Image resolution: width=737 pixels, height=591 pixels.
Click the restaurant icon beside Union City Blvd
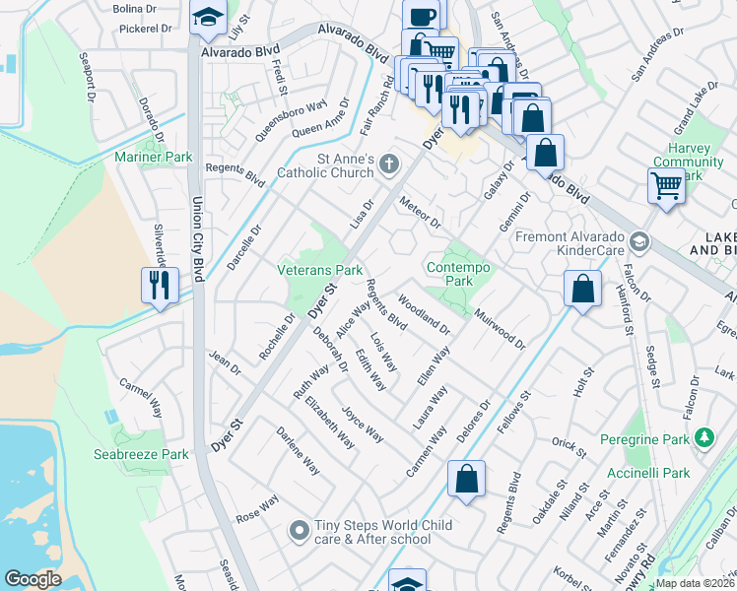click(160, 286)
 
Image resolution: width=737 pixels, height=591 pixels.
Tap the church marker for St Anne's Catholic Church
click(390, 164)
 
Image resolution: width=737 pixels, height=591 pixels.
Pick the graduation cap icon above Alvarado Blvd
click(208, 18)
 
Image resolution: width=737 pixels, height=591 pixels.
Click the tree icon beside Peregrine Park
click(703, 436)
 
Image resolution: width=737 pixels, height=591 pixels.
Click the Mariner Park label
click(153, 157)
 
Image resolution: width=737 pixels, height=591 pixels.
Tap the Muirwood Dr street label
click(500, 328)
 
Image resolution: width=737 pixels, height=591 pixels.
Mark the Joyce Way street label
click(362, 423)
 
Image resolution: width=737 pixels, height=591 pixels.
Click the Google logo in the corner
click(33, 579)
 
